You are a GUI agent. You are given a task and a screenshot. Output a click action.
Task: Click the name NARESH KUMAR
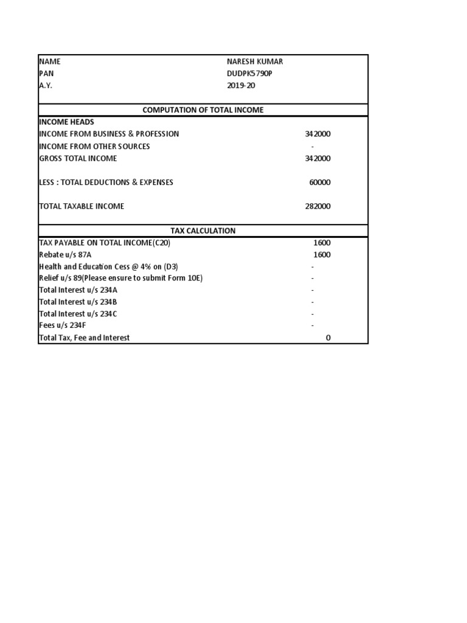[254, 61]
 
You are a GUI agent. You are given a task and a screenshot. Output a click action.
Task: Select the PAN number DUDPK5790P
[249, 74]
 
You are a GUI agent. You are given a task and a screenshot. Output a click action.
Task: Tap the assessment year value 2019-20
[241, 86]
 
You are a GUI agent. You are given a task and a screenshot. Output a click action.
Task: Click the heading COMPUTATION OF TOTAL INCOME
[203, 110]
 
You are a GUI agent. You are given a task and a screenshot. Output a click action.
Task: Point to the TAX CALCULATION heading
[203, 231]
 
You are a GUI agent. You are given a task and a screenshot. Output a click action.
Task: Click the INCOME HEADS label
[66, 122]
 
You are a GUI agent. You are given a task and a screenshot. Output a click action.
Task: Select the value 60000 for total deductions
[320, 183]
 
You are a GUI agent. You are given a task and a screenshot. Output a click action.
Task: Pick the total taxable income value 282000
[318, 206]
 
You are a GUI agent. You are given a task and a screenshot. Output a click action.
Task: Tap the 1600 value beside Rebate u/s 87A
[322, 255]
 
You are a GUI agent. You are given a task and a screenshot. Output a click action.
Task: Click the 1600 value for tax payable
[322, 243]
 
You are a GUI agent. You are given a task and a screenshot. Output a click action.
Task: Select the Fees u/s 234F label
[63, 325]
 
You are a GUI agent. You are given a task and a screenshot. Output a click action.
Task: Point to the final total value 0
[328, 338]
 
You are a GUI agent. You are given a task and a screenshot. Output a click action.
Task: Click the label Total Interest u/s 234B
[78, 302]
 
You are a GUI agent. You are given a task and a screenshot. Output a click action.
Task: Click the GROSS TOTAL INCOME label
[78, 159]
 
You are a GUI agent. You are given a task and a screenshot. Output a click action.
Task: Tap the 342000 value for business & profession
[318, 134]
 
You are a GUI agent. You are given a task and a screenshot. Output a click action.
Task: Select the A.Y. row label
[46, 86]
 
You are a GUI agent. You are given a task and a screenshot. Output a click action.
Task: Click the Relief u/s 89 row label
[120, 278]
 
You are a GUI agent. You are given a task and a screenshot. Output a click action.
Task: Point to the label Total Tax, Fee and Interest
[84, 338]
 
